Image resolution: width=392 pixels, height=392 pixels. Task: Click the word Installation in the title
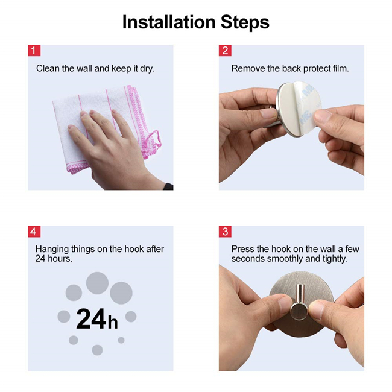coord(169,22)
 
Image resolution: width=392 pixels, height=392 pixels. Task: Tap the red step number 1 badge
coord(34,51)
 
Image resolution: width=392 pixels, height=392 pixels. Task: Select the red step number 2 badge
coord(225,51)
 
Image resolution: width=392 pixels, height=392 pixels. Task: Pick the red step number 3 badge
coord(225,232)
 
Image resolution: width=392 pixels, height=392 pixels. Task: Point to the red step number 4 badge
coord(34,232)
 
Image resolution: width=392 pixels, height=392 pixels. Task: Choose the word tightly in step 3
coord(335,259)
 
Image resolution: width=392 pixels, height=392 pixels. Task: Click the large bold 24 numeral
coord(91,318)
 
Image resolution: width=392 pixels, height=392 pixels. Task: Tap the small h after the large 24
coord(113,321)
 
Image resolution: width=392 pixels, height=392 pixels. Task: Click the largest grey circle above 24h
coord(97,283)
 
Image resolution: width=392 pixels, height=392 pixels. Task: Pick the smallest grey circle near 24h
coord(121,340)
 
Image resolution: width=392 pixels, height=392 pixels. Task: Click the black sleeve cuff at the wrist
coord(168,186)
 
